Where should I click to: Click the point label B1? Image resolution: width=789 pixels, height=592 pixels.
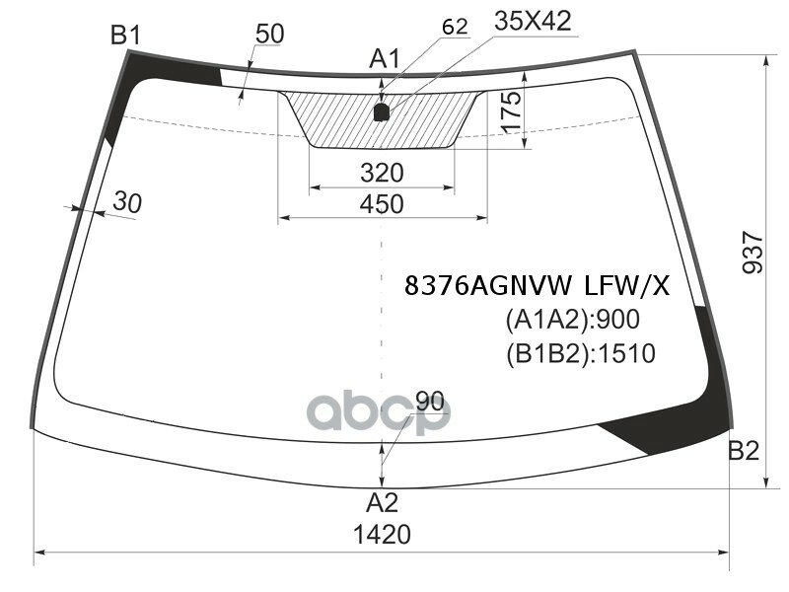[126, 37]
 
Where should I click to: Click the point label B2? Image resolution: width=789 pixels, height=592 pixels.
[744, 452]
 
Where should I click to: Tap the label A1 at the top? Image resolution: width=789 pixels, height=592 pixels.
[385, 60]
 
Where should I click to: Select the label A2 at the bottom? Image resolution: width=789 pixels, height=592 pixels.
[382, 503]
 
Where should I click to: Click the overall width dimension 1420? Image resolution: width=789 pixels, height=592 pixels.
[382, 535]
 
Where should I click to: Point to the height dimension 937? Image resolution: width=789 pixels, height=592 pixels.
[753, 252]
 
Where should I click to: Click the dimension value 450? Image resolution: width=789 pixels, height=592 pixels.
[382, 204]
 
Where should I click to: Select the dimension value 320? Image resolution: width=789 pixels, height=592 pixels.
[382, 173]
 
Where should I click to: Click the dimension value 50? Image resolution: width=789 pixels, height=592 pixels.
[268, 34]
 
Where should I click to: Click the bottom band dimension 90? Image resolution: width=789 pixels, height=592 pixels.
[430, 402]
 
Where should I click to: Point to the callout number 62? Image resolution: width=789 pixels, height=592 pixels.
[455, 27]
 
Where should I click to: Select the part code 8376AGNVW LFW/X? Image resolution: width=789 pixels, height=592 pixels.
[537, 286]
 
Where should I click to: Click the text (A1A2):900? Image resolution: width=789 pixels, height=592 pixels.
[572, 320]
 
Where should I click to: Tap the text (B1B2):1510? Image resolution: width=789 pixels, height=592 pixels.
[580, 352]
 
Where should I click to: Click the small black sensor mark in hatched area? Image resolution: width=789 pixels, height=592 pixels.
[383, 111]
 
